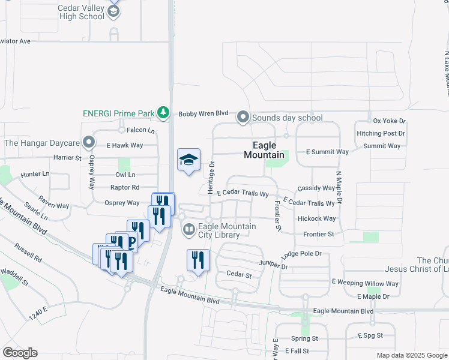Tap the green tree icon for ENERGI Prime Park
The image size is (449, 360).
click(163, 112)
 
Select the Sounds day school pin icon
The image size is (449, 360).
click(243, 118)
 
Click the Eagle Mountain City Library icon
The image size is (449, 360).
click(188, 230)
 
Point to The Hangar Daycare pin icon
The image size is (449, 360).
click(89, 143)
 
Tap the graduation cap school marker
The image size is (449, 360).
click(188, 160)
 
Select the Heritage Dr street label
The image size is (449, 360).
click(211, 177)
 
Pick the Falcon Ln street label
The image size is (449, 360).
click(140, 130)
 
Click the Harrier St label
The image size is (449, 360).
click(68, 158)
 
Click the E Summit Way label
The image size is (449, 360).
click(327, 152)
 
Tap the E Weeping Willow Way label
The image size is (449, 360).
click(365, 283)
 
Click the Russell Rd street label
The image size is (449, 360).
click(28, 255)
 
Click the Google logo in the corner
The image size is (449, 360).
click(20, 353)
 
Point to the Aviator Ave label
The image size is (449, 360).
click(14, 41)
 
